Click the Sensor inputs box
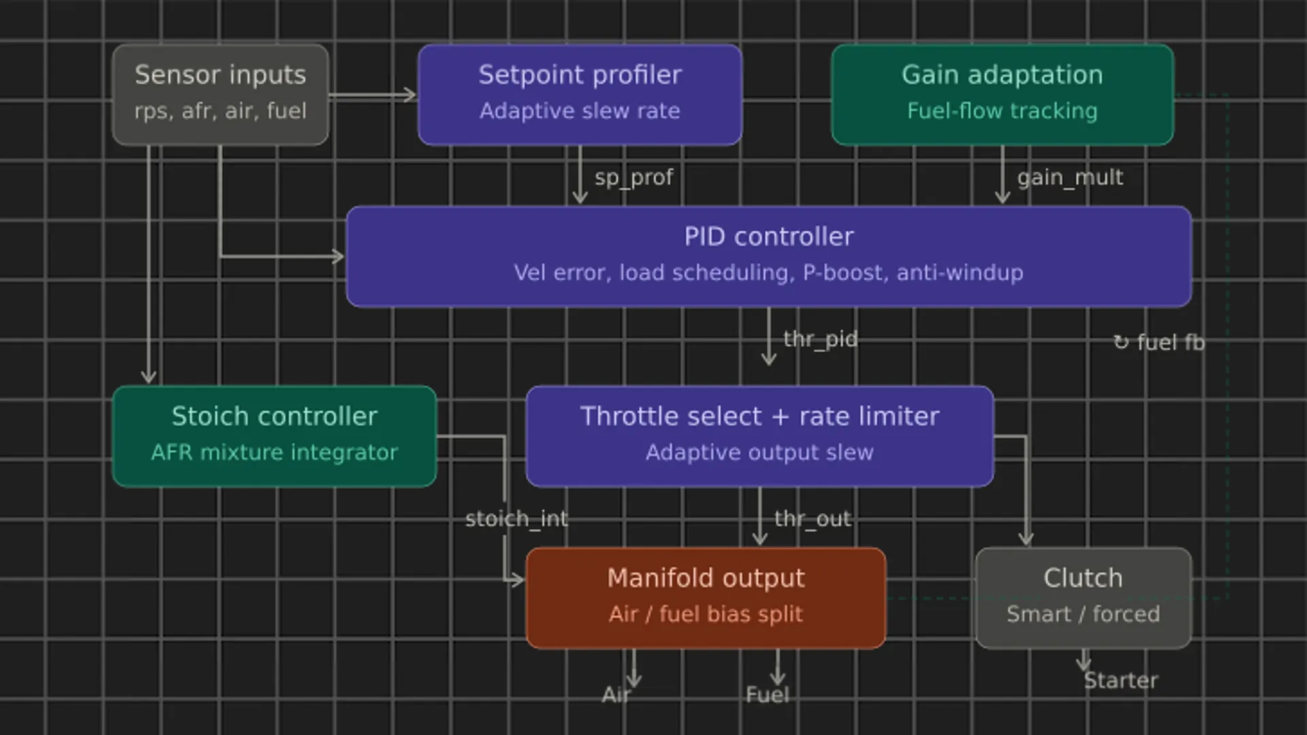tap(220, 94)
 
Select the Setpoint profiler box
tap(579, 94)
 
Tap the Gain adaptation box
tap(1002, 94)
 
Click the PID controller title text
tap(769, 237)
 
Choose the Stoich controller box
tap(274, 436)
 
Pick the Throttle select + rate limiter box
tap(759, 436)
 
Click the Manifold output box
tap(705, 598)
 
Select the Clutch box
tap(1082, 598)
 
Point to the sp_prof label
tap(633, 178)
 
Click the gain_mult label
tap(1069, 178)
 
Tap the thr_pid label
tap(820, 339)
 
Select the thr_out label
tap(812, 519)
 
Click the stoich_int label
tap(516, 519)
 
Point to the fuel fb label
tap(1159, 342)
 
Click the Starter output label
tap(1120, 681)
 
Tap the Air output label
tap(616, 695)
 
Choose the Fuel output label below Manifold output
tap(767, 695)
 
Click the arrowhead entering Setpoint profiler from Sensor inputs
tap(410, 95)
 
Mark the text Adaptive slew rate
tap(579, 111)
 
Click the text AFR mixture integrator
tap(274, 453)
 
